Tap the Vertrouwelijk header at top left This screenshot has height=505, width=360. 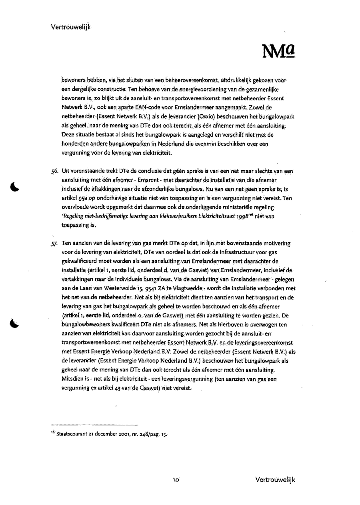coord(71,27)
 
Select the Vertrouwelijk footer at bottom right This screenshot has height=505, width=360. coord(275,480)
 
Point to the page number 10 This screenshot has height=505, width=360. coord(176,480)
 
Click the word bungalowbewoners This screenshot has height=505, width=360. coord(87,325)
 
